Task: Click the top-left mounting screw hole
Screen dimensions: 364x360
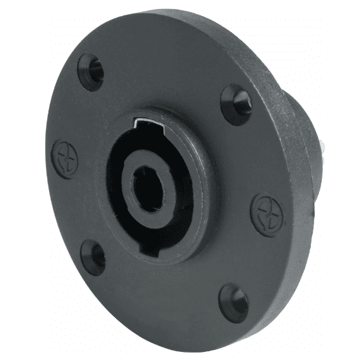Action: pyautogui.click(x=91, y=71)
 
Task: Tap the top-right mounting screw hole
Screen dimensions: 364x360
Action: pyautogui.click(x=237, y=103)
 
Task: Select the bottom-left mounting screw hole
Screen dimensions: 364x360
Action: pyautogui.click(x=93, y=256)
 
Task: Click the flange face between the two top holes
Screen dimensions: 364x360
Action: pyautogui.click(x=166, y=70)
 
